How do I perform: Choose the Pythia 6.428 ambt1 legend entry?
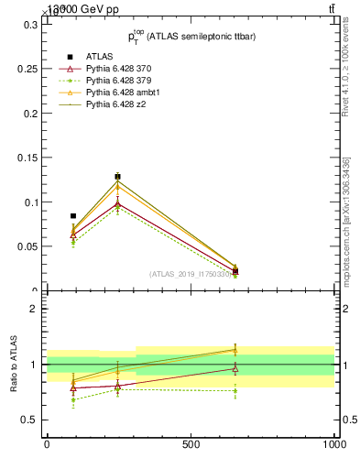123,93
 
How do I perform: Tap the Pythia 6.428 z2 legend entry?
116,104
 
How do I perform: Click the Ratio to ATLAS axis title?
14,364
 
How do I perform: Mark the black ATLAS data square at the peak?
117,177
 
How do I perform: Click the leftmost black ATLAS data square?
73,216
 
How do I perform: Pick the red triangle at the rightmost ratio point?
235,369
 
